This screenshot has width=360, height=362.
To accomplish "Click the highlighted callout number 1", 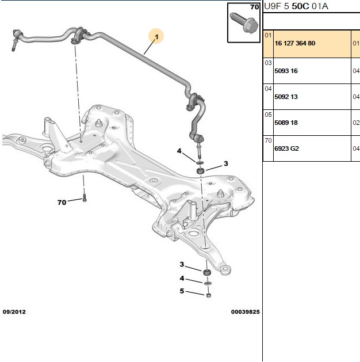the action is [x=157, y=37].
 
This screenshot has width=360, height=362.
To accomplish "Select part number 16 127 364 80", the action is [x=295, y=43].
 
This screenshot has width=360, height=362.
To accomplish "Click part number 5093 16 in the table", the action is [x=286, y=71].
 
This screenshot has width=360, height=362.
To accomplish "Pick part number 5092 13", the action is [x=286, y=97].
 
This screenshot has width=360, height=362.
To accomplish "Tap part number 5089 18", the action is [x=286, y=123].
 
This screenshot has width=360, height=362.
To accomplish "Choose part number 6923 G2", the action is [x=286, y=148].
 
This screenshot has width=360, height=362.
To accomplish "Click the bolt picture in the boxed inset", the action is [x=244, y=22].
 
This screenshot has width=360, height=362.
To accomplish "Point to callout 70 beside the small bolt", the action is [x=62, y=203].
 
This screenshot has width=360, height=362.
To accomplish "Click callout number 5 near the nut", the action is [x=182, y=291].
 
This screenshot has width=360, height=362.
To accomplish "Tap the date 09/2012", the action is [x=14, y=312].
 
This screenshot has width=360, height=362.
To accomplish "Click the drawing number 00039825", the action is [x=246, y=312].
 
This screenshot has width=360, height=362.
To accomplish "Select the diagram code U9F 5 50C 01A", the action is [x=296, y=6].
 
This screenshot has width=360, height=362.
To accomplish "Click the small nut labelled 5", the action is [x=209, y=295].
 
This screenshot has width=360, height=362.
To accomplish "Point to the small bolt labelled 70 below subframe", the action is [x=85, y=198].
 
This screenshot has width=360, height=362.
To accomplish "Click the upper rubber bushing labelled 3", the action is [x=200, y=171].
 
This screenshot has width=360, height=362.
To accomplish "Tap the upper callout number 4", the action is [x=179, y=151].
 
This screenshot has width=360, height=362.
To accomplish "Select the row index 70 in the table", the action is [x=268, y=140].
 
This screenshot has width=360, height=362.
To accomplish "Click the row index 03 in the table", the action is [x=268, y=63].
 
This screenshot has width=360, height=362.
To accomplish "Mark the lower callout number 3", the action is [x=182, y=264].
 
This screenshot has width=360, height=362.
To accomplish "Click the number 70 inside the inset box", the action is [x=255, y=7].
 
